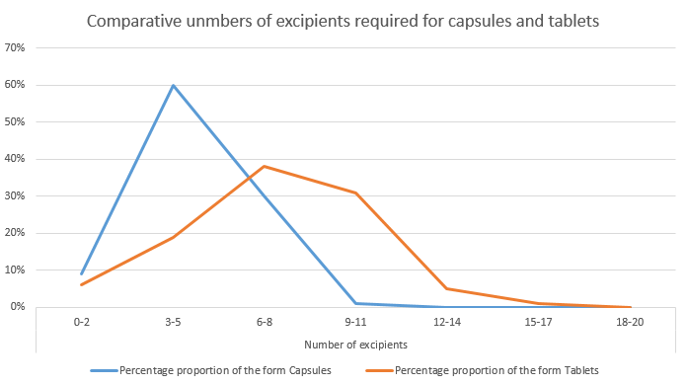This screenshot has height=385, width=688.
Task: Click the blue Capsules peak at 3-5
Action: [173, 85]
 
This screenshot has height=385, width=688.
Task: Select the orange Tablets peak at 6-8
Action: [264, 166]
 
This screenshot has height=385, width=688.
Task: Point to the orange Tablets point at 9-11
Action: [355, 192]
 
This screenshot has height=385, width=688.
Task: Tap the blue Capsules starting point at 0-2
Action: [81, 273]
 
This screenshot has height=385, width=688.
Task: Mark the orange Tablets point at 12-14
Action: [447, 288]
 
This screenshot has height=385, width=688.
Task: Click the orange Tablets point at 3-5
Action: [173, 237]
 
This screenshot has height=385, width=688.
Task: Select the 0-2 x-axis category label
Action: [81, 322]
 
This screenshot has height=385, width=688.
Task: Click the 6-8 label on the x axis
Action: [264, 322]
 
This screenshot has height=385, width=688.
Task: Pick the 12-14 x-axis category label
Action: [447, 322]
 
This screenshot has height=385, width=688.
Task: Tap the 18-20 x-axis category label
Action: [630, 322]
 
